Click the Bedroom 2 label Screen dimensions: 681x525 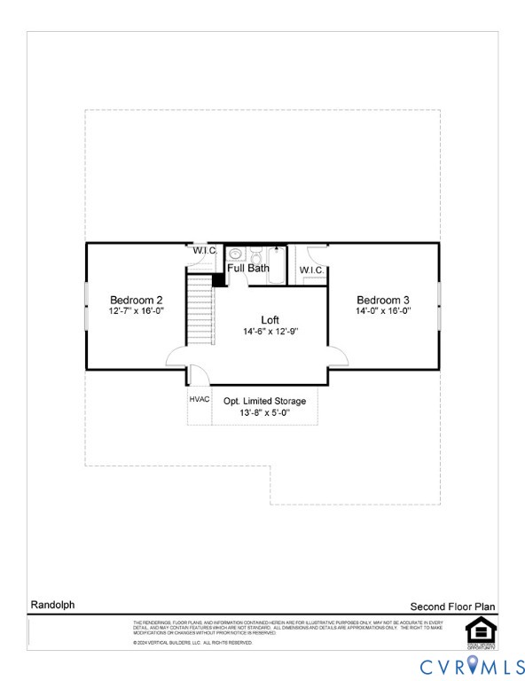[x=136, y=300]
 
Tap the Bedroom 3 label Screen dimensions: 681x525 [x=383, y=300]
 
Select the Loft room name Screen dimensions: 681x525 [x=270, y=319]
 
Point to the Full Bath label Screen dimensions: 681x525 [x=248, y=268]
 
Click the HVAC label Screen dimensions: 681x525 [x=200, y=399]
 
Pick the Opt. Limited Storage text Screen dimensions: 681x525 [x=264, y=402]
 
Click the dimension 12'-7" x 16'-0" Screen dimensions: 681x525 [x=136, y=312]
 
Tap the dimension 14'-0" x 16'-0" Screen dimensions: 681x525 [x=383, y=312]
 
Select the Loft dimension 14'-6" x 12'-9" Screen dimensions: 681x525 [x=270, y=332]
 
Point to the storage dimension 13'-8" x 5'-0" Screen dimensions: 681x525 [x=264, y=413]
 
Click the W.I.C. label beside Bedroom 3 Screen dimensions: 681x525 [x=311, y=270]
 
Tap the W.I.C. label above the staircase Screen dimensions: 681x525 [x=205, y=250]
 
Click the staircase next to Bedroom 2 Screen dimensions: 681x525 [x=201, y=310]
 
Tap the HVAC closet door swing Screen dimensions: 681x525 [x=200, y=374]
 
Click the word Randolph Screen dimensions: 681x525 [x=53, y=605]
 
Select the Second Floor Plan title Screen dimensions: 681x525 [x=452, y=607]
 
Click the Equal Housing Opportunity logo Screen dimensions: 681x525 [x=481, y=630]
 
